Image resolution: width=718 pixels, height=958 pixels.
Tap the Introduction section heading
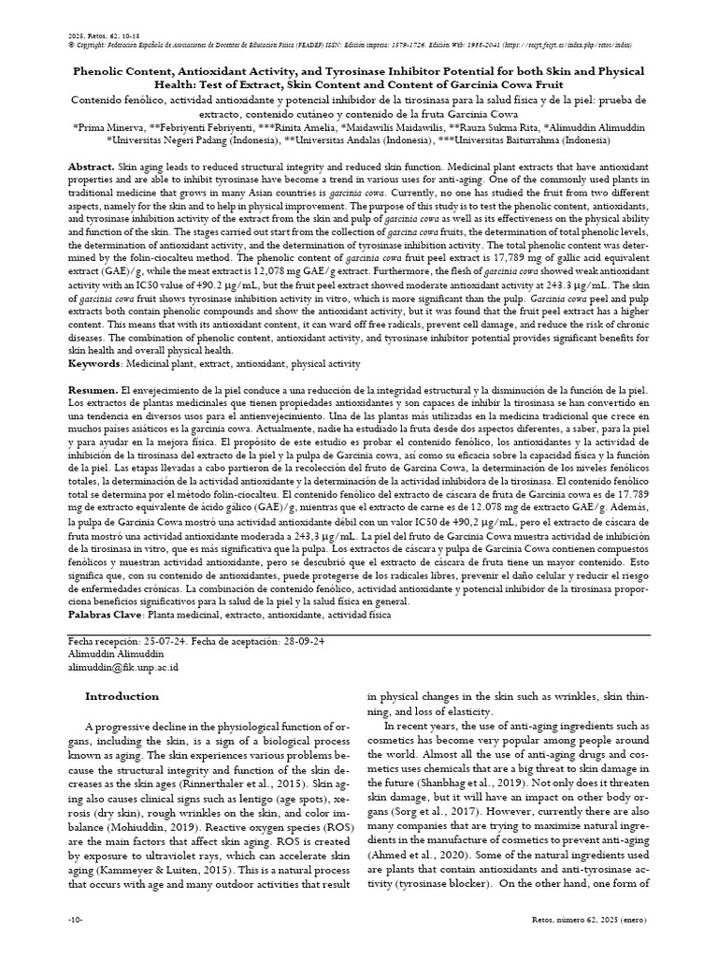122,696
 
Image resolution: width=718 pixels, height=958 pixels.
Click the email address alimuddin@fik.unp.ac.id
123,667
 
